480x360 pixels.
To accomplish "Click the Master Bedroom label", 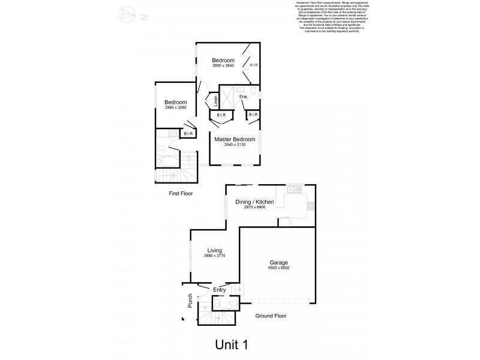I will pyautogui.click(x=235, y=139).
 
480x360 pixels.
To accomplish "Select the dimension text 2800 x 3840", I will pyautogui.click(x=223, y=65).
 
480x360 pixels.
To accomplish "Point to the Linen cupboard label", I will pyautogui.click(x=212, y=100).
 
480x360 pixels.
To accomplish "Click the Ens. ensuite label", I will pyautogui.click(x=243, y=96).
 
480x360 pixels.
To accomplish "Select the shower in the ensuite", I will pyautogui.click(x=227, y=95).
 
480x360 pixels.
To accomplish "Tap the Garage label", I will pyautogui.click(x=278, y=263).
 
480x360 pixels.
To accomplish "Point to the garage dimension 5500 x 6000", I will pyautogui.click(x=278, y=268).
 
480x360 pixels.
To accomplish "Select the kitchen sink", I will pyautogui.click(x=294, y=190).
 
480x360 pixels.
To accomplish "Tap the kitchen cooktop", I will pyautogui.click(x=310, y=207).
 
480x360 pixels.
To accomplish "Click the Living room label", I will pyautogui.click(x=214, y=250).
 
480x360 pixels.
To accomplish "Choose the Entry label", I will pyautogui.click(x=220, y=290).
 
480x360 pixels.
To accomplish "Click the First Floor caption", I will pyautogui.click(x=184, y=194).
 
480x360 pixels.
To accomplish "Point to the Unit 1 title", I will pyautogui.click(x=231, y=344).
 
